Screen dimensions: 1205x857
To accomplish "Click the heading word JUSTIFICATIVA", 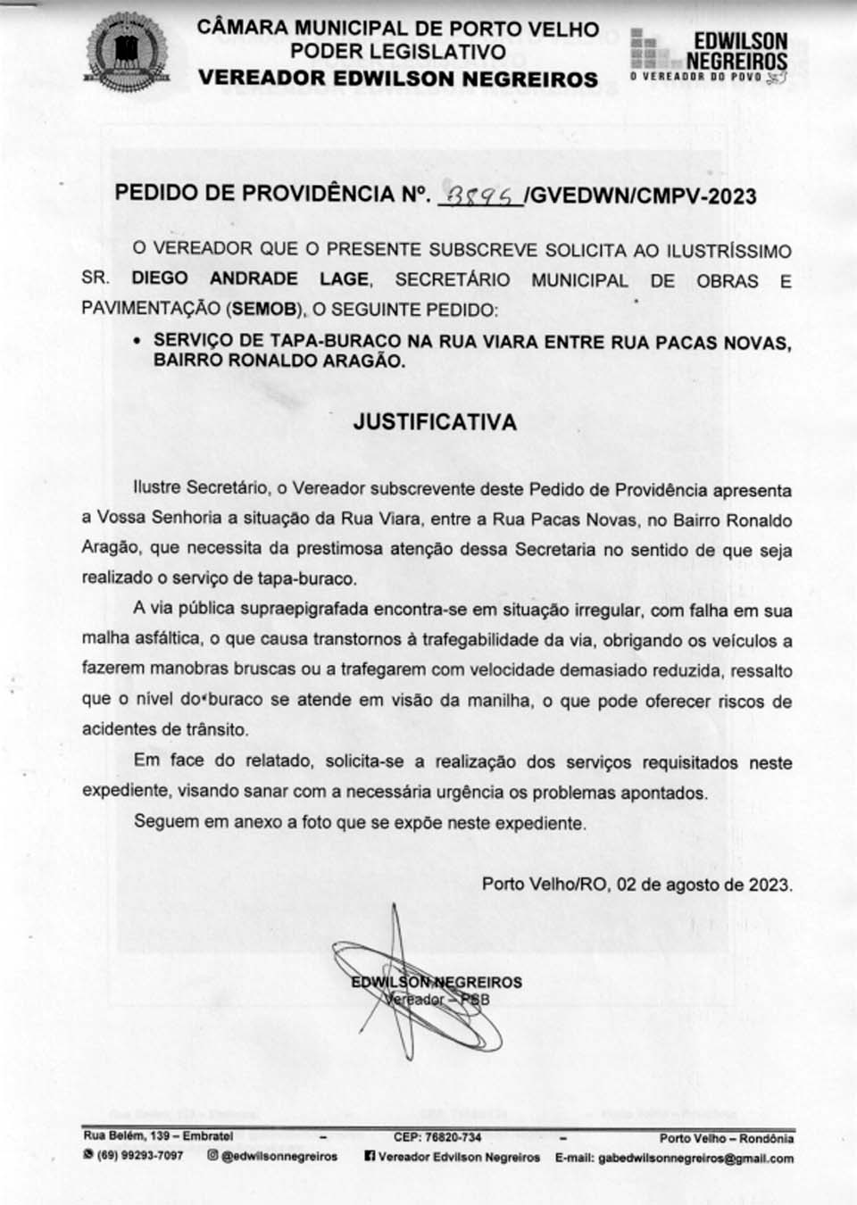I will click(x=435, y=422).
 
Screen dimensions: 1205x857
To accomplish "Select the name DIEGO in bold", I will click(x=160, y=278).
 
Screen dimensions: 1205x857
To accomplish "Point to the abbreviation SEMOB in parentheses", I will click(x=264, y=310).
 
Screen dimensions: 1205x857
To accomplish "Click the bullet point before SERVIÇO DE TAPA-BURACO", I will click(x=137, y=341).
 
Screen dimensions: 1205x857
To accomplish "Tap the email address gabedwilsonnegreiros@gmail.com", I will click(x=695, y=1158).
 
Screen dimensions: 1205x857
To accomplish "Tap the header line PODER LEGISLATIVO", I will click(x=397, y=52).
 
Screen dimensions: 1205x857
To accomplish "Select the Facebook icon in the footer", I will click(x=370, y=1157).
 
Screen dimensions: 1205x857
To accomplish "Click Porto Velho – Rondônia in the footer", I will click(x=726, y=1138).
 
